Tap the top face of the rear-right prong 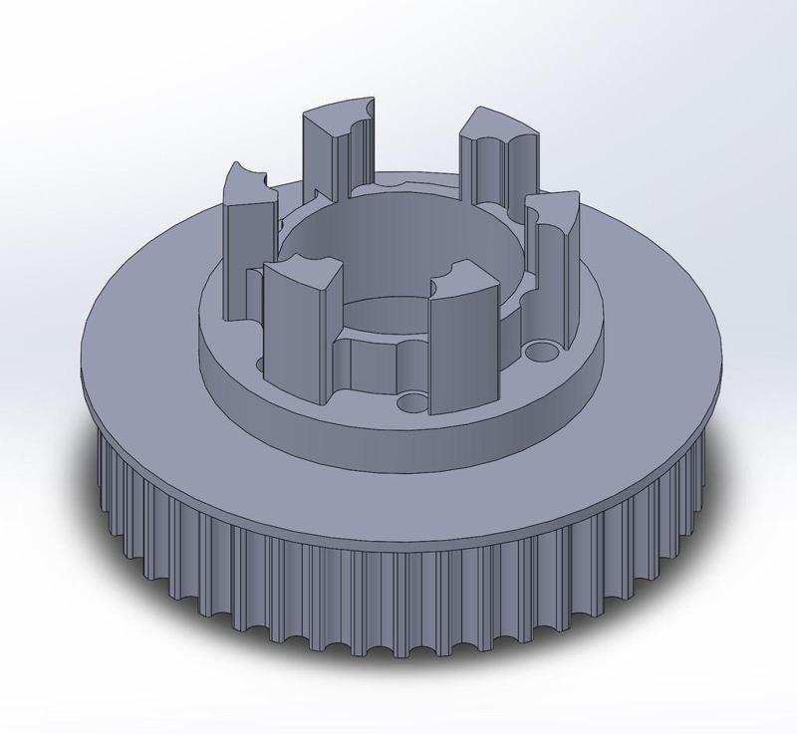pyautogui.click(x=503, y=122)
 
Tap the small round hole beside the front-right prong pyautogui.click(x=411, y=402)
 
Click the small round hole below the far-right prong pyautogui.click(x=543, y=352)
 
